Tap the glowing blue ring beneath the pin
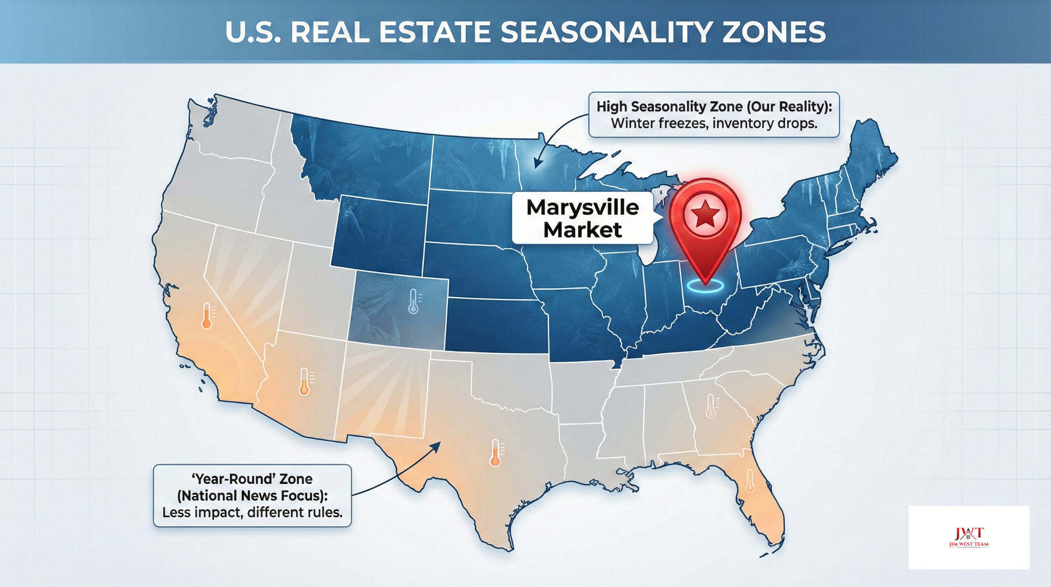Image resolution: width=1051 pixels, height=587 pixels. click(706, 286)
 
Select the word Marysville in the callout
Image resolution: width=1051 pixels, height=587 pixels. click(582, 207)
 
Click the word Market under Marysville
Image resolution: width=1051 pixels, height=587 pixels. click(582, 230)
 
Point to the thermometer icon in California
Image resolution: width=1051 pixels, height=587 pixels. click(207, 315)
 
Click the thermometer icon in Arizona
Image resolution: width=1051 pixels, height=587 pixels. click(304, 381)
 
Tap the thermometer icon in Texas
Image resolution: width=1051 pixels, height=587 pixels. click(495, 452)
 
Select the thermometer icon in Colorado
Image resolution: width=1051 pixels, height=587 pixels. click(413, 301)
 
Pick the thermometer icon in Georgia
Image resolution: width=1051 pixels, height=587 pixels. click(711, 406)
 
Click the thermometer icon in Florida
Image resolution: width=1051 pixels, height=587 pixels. click(750, 481)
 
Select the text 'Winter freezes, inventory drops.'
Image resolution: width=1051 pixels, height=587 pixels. click(714, 124)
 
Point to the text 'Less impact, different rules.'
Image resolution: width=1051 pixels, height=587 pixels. click(252, 513)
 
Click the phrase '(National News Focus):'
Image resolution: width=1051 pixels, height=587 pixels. click(252, 496)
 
